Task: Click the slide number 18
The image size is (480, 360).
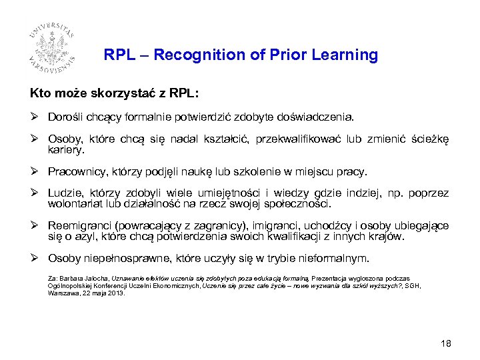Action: (x=445, y=343)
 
